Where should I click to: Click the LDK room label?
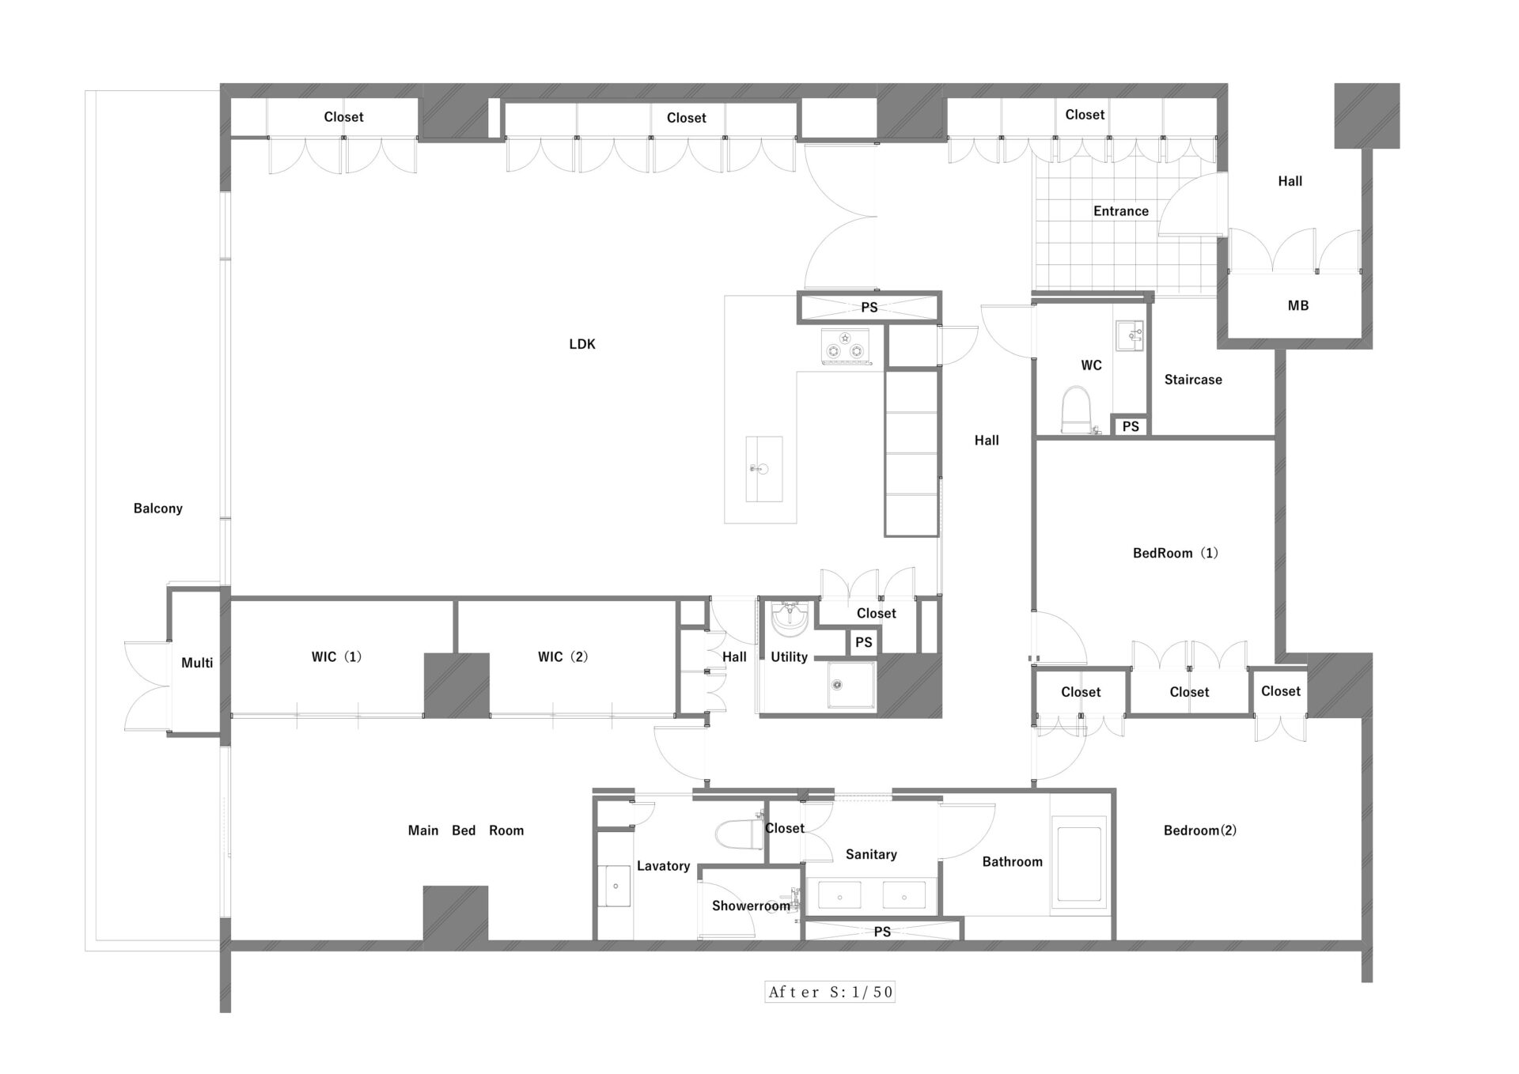[x=581, y=344]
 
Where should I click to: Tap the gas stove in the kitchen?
[x=845, y=346]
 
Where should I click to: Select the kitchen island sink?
[x=763, y=468]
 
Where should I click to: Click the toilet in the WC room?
[x=1075, y=409]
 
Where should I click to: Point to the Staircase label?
[x=1193, y=380]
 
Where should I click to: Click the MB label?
[x=1297, y=305]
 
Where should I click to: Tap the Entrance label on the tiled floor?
[x=1120, y=211]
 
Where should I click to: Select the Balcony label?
[x=157, y=509]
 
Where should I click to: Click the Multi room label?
[x=197, y=663]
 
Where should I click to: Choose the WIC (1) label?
[x=336, y=656]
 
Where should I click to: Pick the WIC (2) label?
[x=563, y=656]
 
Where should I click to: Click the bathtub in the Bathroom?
[x=1079, y=866]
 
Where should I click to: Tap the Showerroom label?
[x=751, y=906]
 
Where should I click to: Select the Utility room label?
[x=789, y=656]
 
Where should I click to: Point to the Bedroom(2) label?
[x=1199, y=830]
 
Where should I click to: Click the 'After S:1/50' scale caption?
[x=830, y=992]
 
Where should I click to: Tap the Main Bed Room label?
[x=465, y=830]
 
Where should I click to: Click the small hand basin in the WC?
[x=1129, y=335]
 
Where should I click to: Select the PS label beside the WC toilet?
[x=1131, y=426]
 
